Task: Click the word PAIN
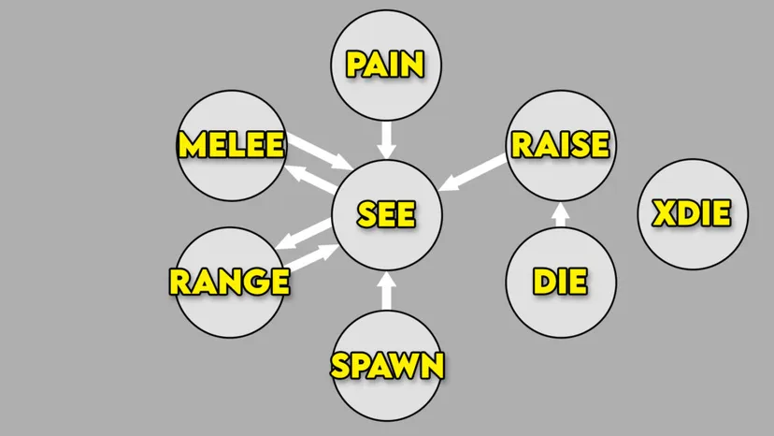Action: (x=385, y=65)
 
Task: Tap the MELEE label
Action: (x=231, y=145)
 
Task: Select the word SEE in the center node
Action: (x=386, y=214)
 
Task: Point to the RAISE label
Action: (x=560, y=145)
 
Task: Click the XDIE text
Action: (x=691, y=214)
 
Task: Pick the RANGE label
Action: (x=229, y=281)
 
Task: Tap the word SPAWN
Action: (x=387, y=365)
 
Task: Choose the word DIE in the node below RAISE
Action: (x=560, y=281)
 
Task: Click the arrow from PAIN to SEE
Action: (x=386, y=139)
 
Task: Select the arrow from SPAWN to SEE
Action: (x=386, y=289)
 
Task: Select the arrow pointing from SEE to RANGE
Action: (x=305, y=232)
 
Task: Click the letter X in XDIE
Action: (x=662, y=214)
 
